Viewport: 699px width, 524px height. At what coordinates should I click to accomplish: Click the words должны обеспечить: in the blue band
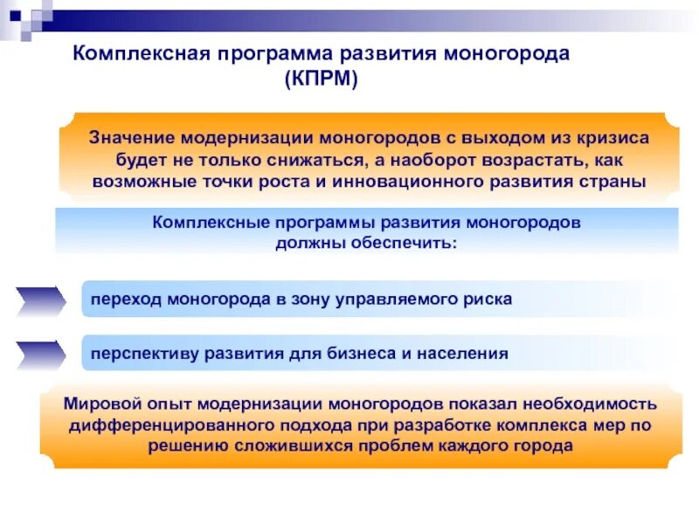tap(366, 242)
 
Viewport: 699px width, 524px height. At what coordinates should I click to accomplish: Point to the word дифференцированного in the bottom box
tap(155, 425)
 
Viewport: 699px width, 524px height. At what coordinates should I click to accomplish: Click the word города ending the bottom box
tap(548, 445)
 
